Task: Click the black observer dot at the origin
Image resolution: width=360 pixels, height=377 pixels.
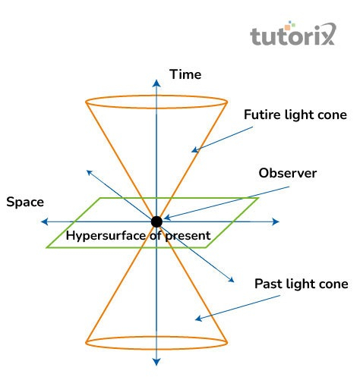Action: (x=156, y=221)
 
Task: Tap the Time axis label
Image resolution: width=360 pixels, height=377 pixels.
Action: (x=185, y=74)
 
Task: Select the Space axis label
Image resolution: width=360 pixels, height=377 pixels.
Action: (x=25, y=202)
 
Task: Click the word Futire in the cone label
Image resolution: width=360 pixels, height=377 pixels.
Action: (x=262, y=115)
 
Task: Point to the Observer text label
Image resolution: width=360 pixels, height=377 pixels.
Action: (x=288, y=173)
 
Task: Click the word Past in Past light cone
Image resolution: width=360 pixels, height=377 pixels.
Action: (x=268, y=284)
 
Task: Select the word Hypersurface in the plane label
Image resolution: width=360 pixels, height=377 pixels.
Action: (x=106, y=236)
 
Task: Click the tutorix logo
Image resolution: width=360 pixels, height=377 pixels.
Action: (x=293, y=34)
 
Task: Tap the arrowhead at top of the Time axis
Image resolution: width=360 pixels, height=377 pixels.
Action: (x=156, y=83)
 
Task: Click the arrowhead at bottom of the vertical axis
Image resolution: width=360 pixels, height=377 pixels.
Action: (x=156, y=362)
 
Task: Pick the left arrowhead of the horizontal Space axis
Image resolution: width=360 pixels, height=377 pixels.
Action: (x=45, y=221)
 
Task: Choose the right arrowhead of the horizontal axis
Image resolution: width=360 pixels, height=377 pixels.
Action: (x=276, y=221)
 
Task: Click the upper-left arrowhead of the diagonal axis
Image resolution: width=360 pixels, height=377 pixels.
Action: (x=90, y=173)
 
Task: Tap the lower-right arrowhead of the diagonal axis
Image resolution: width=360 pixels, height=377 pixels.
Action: (x=231, y=279)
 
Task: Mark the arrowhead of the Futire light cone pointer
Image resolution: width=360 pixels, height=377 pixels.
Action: (x=194, y=149)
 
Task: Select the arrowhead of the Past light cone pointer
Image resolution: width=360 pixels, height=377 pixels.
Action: (x=198, y=319)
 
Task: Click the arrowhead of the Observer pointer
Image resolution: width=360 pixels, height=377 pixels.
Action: (x=167, y=217)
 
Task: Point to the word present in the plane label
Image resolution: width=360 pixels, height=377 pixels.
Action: (x=188, y=237)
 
